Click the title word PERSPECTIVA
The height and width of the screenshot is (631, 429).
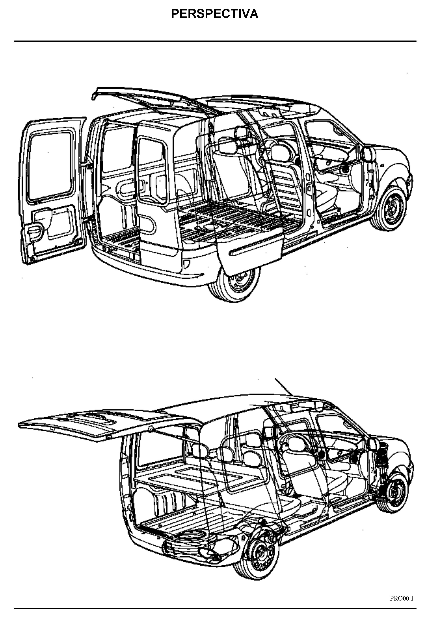point(214,14)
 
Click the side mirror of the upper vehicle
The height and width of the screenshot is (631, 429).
point(368,154)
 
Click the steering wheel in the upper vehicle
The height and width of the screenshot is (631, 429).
point(269,152)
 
